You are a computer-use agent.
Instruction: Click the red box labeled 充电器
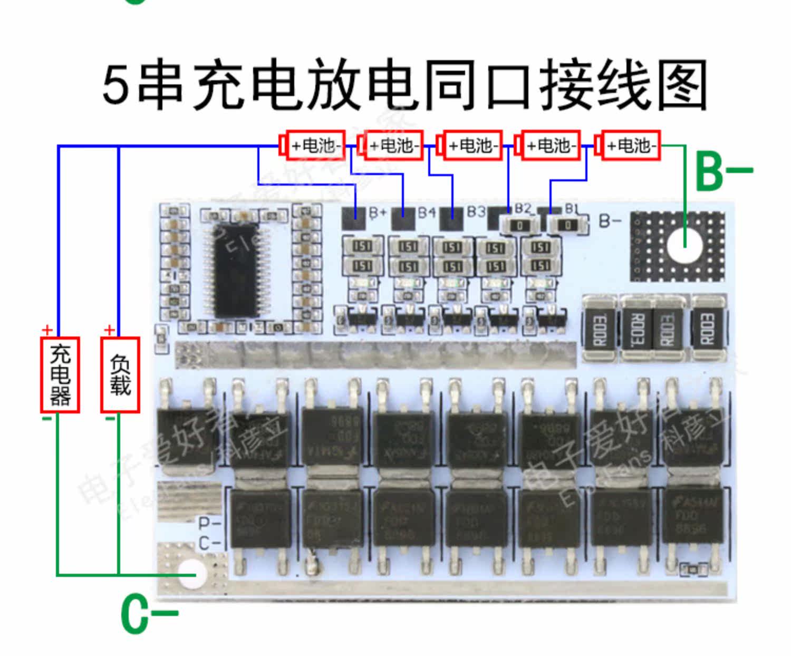pyautogui.click(x=60, y=374)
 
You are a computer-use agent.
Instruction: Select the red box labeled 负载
pyautogui.click(x=120, y=374)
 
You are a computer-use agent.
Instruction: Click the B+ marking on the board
pyautogui.click(x=378, y=213)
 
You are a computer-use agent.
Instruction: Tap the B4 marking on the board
pyautogui.click(x=427, y=213)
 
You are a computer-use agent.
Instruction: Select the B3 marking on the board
pyautogui.click(x=476, y=212)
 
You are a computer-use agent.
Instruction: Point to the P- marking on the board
pyautogui.click(x=209, y=524)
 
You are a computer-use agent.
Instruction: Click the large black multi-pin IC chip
pyautogui.click(x=235, y=269)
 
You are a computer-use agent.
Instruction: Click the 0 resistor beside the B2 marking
pyautogui.click(x=520, y=226)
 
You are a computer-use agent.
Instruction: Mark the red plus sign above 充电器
pyautogui.click(x=47, y=331)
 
